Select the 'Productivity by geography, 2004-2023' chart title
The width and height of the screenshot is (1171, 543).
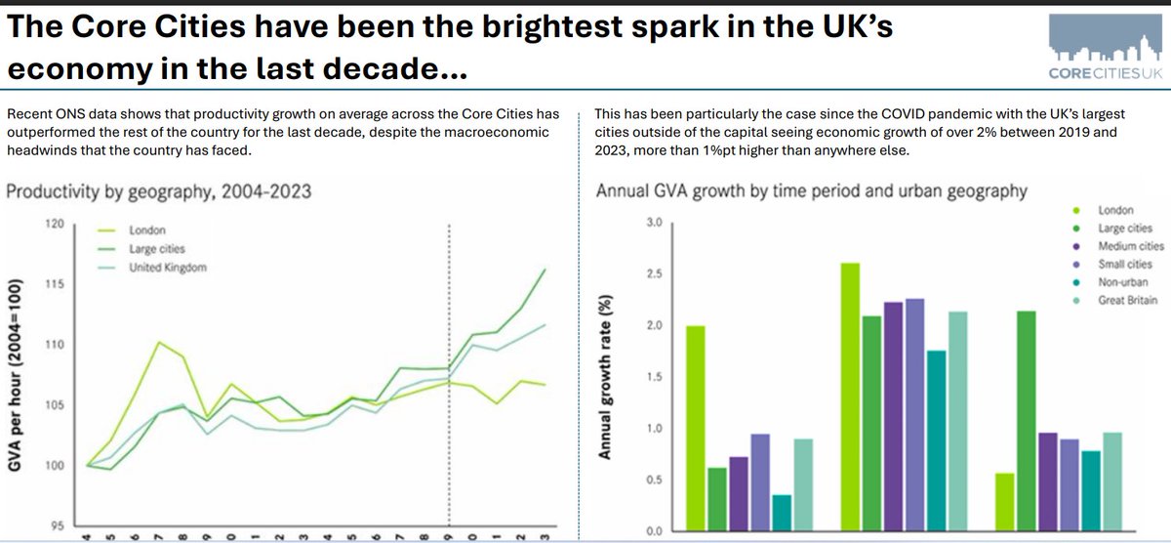[159, 191]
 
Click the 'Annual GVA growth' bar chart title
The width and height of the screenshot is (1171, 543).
[811, 191]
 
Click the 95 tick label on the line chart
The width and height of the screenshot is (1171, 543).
[56, 525]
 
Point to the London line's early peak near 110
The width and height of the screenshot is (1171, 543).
[159, 343]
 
